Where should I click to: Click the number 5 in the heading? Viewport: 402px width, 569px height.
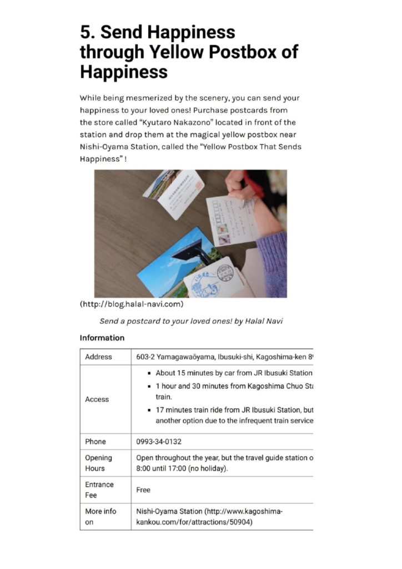click(x=87, y=32)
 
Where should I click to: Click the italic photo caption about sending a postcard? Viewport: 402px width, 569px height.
click(x=191, y=321)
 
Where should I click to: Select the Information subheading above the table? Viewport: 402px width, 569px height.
click(x=102, y=338)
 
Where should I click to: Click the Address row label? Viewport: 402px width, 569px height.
click(x=98, y=357)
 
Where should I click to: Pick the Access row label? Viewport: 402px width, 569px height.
click(x=97, y=399)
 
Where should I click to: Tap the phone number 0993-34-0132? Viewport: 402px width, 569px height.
click(x=159, y=442)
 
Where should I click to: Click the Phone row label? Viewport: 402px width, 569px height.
click(x=96, y=442)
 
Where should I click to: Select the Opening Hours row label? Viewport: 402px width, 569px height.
click(x=98, y=463)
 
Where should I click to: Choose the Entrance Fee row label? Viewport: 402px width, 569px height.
click(x=99, y=490)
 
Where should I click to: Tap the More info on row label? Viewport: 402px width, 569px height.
click(x=100, y=516)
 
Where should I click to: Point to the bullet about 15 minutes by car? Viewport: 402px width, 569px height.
click(x=233, y=373)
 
